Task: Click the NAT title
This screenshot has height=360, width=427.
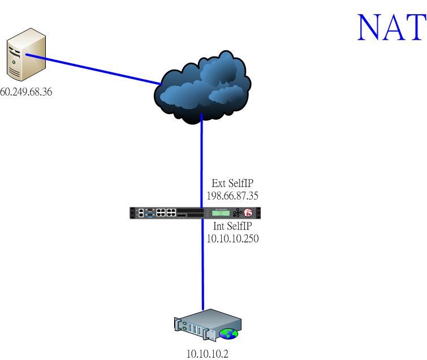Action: click(391, 27)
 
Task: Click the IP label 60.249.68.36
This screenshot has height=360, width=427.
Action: click(26, 92)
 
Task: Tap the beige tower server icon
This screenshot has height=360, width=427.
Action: click(26, 54)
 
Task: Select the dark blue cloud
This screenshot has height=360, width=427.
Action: click(202, 87)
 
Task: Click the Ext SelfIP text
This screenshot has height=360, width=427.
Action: click(232, 183)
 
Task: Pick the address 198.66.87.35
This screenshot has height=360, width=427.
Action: click(232, 196)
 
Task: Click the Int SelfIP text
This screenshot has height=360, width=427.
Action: click(232, 226)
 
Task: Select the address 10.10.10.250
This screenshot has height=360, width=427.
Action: click(232, 238)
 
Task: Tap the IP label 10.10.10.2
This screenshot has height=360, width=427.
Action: click(208, 354)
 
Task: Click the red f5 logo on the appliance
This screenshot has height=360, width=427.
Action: click(248, 212)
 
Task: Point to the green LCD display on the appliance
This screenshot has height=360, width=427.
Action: click(221, 212)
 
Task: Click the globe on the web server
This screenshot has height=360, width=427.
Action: click(228, 333)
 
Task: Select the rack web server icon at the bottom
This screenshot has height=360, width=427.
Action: click(208, 324)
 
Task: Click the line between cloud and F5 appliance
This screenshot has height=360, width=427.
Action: click(202, 161)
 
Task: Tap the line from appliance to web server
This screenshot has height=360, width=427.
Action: click(202, 264)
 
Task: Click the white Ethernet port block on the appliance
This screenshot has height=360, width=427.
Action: click(166, 212)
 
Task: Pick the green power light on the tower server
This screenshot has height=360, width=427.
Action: click(14, 62)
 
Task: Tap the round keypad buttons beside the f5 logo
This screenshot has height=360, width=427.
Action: click(238, 212)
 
